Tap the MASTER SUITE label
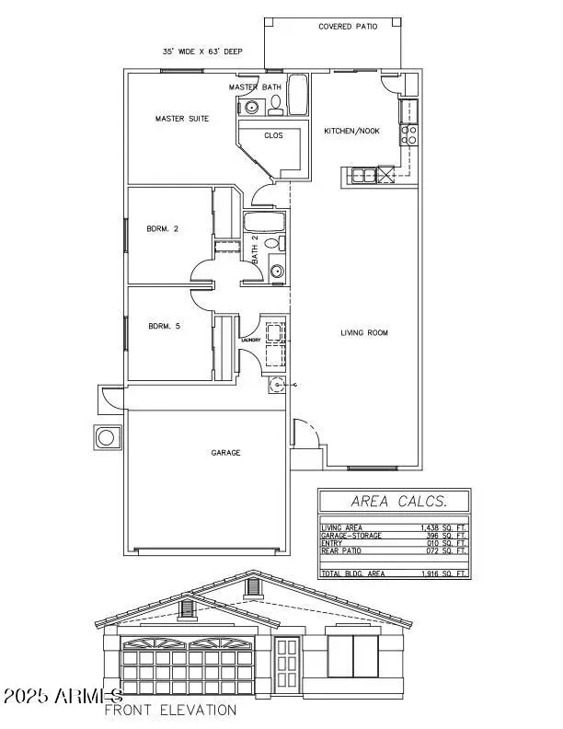click(x=181, y=119)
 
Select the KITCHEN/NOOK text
click(x=350, y=131)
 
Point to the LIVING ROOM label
click(x=364, y=332)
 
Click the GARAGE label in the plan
click(x=225, y=453)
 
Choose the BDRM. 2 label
click(x=163, y=229)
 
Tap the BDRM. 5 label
click(x=163, y=325)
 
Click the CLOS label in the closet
click(x=273, y=135)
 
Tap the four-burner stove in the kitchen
click(x=409, y=134)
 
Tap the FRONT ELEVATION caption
click(x=170, y=710)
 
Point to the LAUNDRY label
click(x=251, y=340)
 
